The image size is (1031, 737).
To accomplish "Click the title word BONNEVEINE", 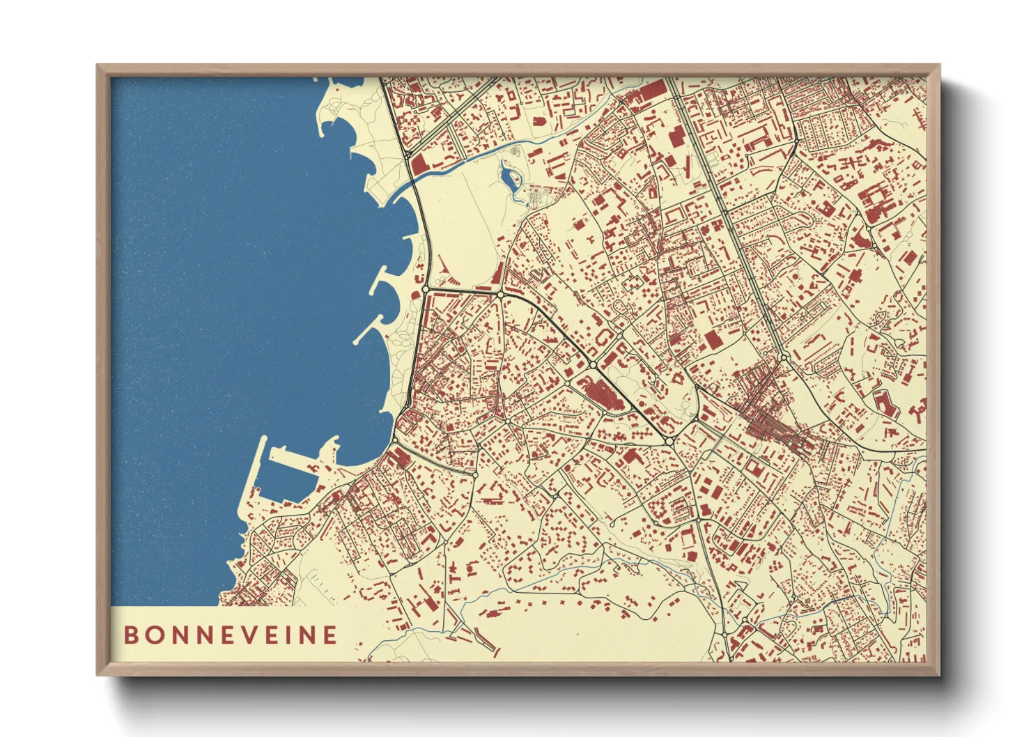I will coord(231,635).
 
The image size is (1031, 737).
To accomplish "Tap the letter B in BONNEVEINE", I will coord(130,635).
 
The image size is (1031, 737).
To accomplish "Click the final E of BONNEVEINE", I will coord(330,635).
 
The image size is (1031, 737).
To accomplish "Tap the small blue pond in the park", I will coord(507,177).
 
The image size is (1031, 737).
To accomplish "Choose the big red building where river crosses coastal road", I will coord(419,165).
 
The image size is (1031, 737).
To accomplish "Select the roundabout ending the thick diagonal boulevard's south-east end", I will coord(669,441).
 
